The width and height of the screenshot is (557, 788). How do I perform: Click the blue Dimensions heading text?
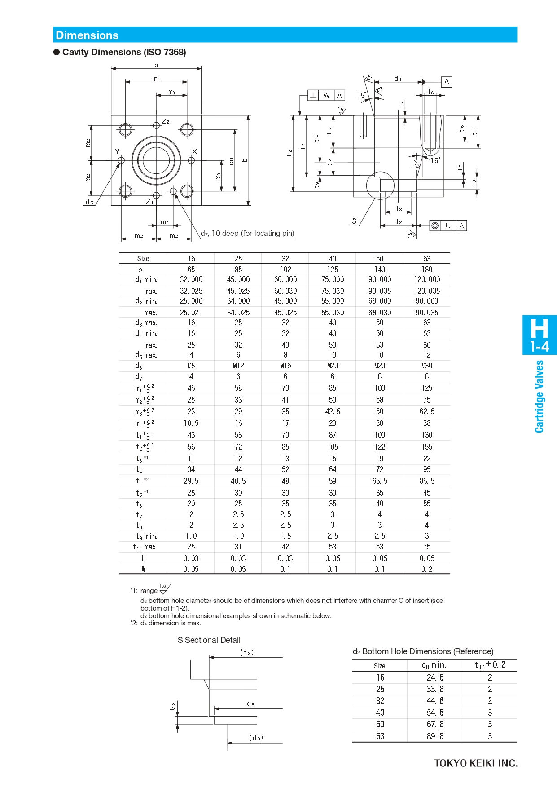(x=87, y=35)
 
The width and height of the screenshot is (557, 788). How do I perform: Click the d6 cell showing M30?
(x=426, y=366)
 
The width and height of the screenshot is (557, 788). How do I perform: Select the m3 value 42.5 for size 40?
(x=332, y=412)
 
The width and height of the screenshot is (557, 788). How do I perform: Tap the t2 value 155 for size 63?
(x=426, y=447)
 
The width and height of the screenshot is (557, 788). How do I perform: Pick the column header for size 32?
(x=285, y=259)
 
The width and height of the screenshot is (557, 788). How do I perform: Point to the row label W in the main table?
(x=144, y=569)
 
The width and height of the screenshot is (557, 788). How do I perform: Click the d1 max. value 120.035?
(x=426, y=291)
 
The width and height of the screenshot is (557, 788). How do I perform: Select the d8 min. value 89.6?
(x=435, y=736)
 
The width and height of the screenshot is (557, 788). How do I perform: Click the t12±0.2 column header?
(x=490, y=665)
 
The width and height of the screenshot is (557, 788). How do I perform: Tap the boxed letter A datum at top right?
(x=446, y=82)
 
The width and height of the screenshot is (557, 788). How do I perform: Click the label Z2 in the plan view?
(x=165, y=121)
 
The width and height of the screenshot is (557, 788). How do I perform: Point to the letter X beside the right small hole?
(x=194, y=152)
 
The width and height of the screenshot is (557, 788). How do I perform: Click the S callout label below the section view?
(x=354, y=221)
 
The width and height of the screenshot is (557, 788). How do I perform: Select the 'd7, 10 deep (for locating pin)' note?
(x=247, y=233)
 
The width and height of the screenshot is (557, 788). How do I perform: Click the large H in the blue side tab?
(x=539, y=329)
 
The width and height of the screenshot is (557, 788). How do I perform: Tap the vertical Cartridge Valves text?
(x=539, y=396)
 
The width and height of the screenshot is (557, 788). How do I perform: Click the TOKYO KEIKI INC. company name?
(x=475, y=763)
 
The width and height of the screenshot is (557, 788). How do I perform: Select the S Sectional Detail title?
(x=209, y=640)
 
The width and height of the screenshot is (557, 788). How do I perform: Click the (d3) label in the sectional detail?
(x=256, y=738)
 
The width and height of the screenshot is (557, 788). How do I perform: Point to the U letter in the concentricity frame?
(x=448, y=226)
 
